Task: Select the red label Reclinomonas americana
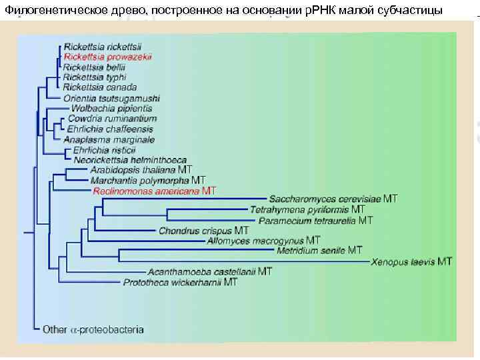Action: tap(146, 191)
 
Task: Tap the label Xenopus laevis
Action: tap(403, 261)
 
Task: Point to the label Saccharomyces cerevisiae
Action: tap(325, 199)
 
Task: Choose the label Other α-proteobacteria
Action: tap(93, 329)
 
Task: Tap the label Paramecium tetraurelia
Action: tap(308, 220)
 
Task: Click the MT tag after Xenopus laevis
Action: tap(445, 261)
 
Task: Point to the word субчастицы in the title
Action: tap(413, 8)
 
